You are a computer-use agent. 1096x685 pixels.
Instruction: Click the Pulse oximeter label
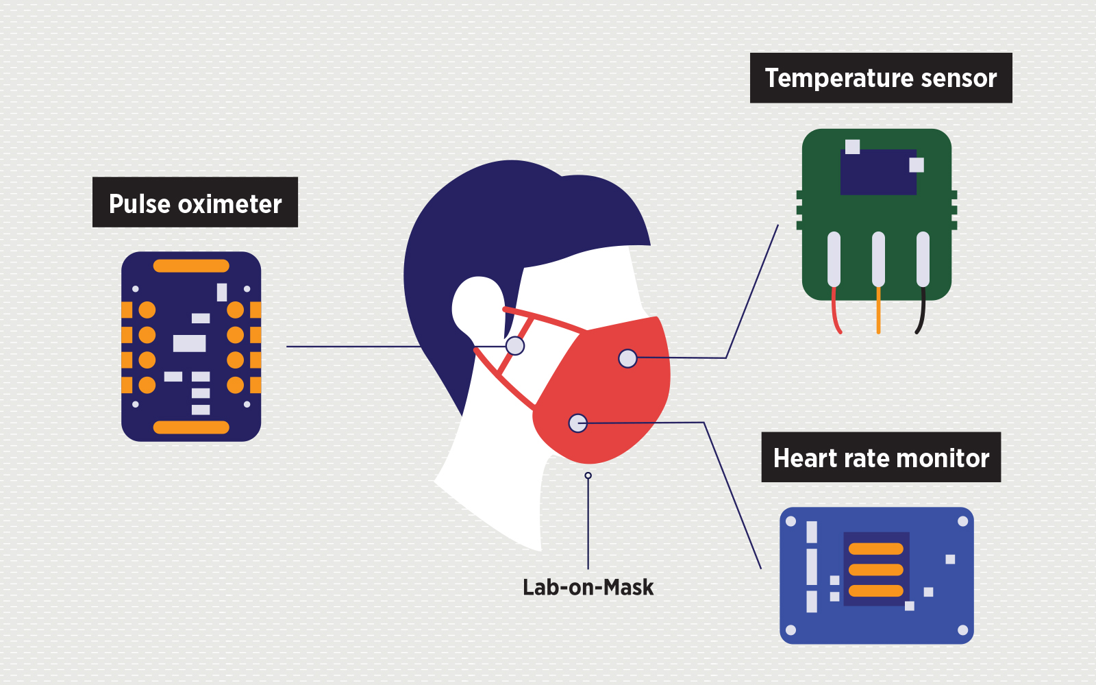195,203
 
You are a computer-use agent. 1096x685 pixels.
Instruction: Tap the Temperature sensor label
881,78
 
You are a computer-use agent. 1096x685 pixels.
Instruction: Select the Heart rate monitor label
881,458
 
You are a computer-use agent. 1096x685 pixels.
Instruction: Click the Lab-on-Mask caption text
588,587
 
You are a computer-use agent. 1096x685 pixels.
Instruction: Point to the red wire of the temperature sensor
836,312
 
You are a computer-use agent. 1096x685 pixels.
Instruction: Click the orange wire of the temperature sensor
878,312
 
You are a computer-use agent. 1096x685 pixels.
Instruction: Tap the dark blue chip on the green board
878,173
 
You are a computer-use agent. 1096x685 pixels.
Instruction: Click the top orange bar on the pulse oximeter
191,266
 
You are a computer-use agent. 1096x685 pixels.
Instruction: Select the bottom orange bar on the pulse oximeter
191,427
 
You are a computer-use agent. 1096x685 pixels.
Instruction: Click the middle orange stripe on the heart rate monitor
876,569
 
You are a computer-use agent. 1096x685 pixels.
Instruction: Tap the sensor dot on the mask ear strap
515,346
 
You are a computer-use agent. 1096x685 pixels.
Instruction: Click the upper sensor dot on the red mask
627,358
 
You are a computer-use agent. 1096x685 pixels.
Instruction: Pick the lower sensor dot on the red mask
577,423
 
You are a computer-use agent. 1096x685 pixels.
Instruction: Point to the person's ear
478,305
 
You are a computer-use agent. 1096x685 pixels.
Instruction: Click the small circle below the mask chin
588,475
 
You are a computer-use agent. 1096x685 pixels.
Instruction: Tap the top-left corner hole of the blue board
790,521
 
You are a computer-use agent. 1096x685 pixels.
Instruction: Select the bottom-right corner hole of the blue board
962,630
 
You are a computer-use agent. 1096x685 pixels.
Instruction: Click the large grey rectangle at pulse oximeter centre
189,343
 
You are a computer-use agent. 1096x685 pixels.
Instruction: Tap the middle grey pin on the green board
878,259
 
